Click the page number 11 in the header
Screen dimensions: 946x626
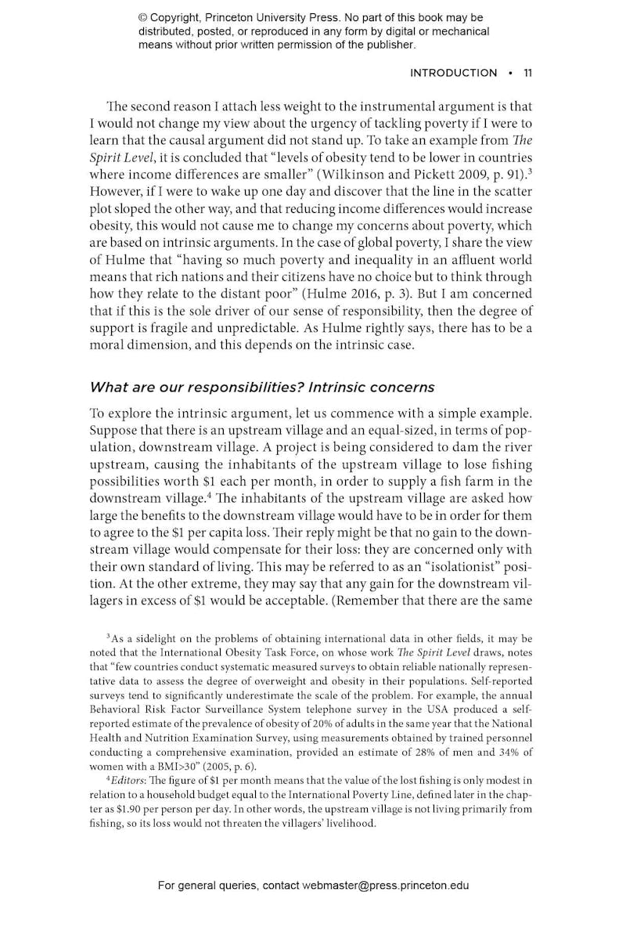[x=527, y=73]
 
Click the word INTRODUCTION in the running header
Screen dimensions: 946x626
[x=453, y=73]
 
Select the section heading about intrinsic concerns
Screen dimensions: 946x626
[x=262, y=387]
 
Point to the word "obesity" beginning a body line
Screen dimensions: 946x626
[x=111, y=226]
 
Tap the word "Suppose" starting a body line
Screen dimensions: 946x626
[x=113, y=428]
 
